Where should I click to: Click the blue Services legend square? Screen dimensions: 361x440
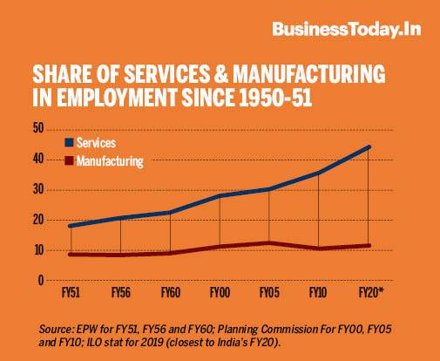[x=69, y=142]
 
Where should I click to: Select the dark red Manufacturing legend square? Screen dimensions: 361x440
[x=69, y=161]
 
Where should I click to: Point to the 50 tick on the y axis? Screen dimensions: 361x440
[x=38, y=128]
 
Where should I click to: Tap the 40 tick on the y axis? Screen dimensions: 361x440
[x=38, y=159]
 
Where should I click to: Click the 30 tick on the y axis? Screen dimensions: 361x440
[x=38, y=189]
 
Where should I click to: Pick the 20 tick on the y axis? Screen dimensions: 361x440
[x=38, y=220]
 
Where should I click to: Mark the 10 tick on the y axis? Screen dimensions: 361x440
[x=38, y=250]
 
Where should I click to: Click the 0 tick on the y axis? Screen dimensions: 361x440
[x=41, y=281]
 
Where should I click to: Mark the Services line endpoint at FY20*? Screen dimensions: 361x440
[x=369, y=146]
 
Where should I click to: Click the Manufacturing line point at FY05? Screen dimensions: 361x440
[x=269, y=243]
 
